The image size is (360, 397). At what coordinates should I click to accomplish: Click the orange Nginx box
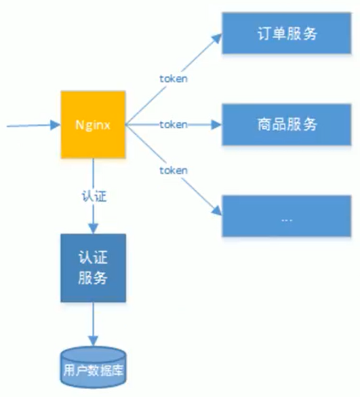coord(93,125)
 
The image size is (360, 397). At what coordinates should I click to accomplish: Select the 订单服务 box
coord(287,33)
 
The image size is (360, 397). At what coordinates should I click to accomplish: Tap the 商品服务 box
coord(287,125)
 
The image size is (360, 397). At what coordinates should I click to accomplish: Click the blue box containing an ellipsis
coord(287,216)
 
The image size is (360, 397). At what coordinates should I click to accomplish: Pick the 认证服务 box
coord(93,268)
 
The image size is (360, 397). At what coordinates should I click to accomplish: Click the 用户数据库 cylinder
coord(93,367)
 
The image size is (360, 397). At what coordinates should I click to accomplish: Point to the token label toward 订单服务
coord(174,79)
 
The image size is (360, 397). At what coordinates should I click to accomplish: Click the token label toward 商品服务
coord(174,125)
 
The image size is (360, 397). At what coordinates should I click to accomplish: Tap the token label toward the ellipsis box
coord(174,170)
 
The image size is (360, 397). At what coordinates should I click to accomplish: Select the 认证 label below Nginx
coord(94,196)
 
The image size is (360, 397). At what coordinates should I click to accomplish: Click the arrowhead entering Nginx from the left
coord(55,125)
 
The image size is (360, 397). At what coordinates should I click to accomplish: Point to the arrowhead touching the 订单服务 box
coord(217,39)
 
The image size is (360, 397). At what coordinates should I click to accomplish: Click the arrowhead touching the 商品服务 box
coord(216,125)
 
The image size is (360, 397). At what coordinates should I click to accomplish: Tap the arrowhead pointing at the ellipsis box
coord(217,210)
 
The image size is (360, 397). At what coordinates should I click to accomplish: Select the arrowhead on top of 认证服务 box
coord(94,229)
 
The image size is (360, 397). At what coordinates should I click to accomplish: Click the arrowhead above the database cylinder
coord(94,341)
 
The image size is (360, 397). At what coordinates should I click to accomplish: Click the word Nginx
coord(93,125)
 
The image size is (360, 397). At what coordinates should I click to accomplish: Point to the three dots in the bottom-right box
coord(287,220)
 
